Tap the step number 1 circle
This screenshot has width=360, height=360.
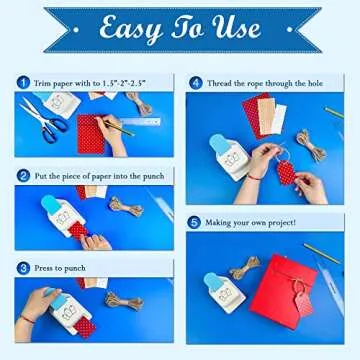[x=22, y=80]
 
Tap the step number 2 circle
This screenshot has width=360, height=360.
[x=22, y=174]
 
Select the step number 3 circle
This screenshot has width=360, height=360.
[x=22, y=267]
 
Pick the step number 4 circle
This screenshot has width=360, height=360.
[x=195, y=81]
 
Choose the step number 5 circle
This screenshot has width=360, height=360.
[x=195, y=221]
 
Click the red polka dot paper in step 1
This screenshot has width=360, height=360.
[x=92, y=132]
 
